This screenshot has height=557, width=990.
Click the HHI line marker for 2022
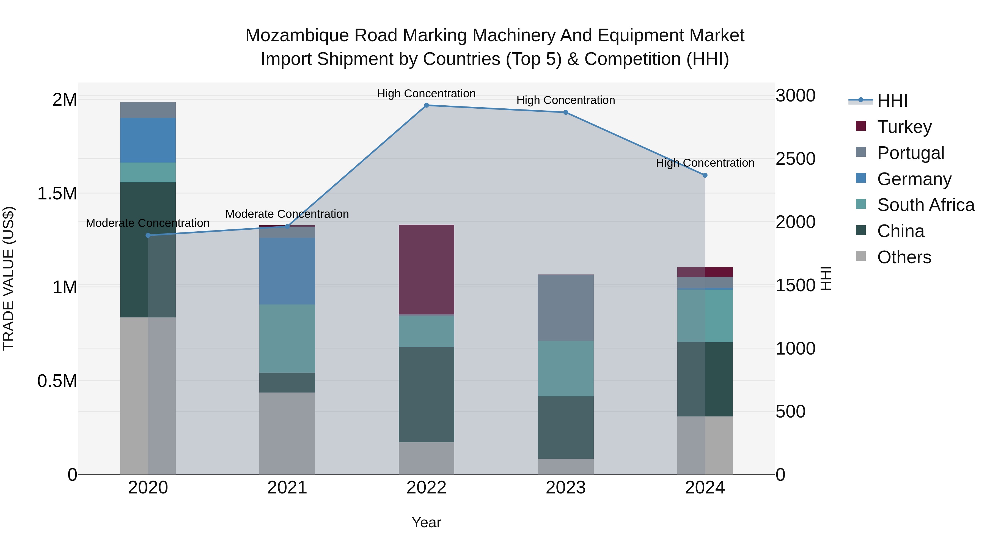426,105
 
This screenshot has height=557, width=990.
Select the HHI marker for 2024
705,175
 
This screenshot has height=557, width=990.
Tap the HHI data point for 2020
148,235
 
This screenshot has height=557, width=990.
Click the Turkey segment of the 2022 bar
426,269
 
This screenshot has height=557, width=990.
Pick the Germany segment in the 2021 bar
287,271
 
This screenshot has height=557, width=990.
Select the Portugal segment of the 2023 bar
565,308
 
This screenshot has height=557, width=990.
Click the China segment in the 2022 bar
426,394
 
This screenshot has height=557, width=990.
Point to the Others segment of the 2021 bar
287,433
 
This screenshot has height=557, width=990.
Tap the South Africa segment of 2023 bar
565,368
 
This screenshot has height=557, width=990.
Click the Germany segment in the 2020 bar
148,140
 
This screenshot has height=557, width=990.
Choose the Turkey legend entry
904,127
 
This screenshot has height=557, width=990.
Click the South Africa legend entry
925,205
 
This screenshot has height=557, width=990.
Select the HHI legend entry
892,101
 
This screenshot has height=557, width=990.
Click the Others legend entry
904,257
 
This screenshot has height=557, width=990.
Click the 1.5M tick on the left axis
57,194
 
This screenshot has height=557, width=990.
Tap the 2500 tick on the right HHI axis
795,159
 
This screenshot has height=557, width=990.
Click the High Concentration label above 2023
565,100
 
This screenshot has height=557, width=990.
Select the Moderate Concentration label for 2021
287,214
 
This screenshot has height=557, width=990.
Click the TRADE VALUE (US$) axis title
9,278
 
